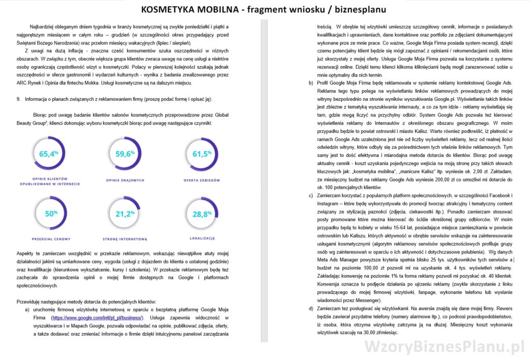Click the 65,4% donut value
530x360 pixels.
tap(50, 154)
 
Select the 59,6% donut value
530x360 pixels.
tap(125, 154)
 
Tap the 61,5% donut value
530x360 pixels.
tap(201, 154)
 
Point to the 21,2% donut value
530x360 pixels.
tap(125, 213)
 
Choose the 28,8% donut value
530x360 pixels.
tap(202, 213)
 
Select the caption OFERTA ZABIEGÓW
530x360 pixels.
tap(202, 180)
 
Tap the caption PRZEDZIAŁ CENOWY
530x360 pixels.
tap(50, 238)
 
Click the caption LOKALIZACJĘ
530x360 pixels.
tap(202, 238)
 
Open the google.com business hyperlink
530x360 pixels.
tap(96, 318)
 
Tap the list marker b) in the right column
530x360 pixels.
tap(311, 83)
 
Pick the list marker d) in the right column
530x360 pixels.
tap(311, 308)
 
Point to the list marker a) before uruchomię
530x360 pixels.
tap(27, 309)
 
